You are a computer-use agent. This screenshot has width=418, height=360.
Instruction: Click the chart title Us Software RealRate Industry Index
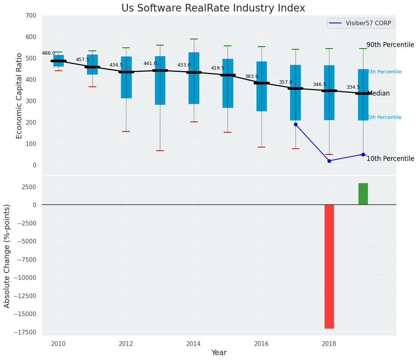click(213, 8)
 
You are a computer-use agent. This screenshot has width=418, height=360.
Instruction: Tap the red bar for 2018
click(329, 266)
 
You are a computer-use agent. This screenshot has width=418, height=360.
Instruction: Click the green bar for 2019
click(363, 194)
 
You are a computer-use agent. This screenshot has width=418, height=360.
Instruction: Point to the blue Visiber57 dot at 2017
click(295, 124)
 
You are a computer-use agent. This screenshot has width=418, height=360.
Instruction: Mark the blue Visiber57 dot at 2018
click(329, 161)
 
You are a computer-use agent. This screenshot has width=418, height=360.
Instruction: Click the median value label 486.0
click(48, 54)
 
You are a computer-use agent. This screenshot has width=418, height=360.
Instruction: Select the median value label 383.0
click(252, 77)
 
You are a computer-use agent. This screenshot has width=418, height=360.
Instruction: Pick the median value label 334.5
click(353, 88)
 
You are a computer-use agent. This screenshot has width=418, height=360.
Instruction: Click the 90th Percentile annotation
click(390, 45)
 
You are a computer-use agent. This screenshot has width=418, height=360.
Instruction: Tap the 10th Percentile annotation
click(390, 159)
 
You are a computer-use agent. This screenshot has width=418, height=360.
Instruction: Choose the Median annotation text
click(378, 94)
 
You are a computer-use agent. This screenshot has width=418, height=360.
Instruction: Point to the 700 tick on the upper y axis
click(31, 16)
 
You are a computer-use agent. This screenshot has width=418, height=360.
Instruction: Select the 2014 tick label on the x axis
click(194, 344)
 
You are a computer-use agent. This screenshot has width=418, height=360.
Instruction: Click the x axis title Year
click(219, 353)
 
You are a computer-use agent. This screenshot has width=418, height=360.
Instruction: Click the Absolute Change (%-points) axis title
click(7, 256)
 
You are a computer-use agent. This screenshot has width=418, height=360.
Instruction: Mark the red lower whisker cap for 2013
click(160, 151)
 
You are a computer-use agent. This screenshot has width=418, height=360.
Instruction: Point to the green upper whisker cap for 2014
click(194, 39)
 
